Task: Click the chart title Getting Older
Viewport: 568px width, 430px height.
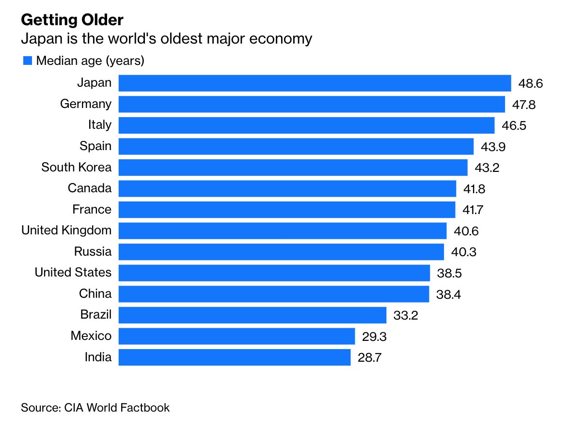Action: (72, 20)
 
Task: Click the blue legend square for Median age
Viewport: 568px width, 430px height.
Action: (28, 61)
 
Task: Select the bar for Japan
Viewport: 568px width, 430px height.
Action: (315, 83)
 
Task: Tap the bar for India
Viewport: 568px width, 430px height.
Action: (234, 357)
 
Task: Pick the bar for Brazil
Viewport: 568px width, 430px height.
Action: (252, 315)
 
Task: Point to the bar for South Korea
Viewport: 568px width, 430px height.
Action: (293, 168)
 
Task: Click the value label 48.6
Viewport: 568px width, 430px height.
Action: (530, 83)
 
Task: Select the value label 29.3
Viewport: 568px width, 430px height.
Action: (374, 337)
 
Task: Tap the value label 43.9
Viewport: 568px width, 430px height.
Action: (492, 147)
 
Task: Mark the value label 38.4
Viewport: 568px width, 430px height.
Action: (448, 294)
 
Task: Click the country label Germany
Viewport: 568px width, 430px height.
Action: (86, 104)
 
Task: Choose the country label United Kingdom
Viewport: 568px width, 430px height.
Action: (66, 230)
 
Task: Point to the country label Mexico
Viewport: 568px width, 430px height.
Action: (91, 336)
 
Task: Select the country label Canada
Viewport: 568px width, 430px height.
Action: (90, 188)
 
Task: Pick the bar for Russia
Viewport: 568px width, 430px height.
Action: (281, 252)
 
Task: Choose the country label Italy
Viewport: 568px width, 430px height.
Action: (100, 125)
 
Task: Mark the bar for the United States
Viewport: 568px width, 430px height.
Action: (274, 273)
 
